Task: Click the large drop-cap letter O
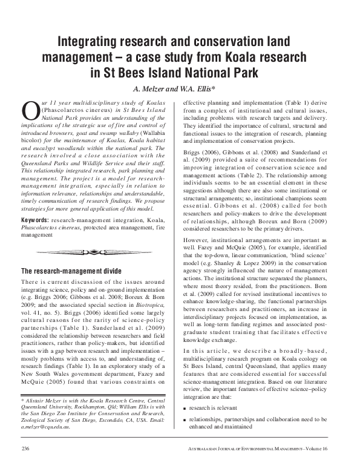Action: [x=30, y=110]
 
